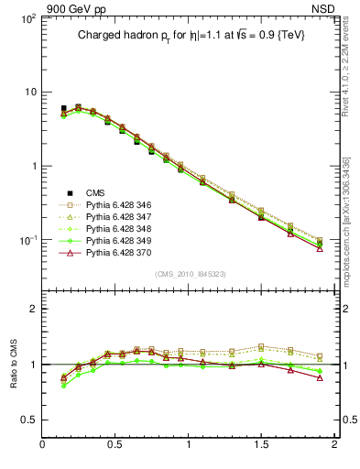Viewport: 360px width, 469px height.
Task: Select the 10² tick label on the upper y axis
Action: (x=28, y=18)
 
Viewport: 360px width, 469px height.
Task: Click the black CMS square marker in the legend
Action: (x=63, y=192)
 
